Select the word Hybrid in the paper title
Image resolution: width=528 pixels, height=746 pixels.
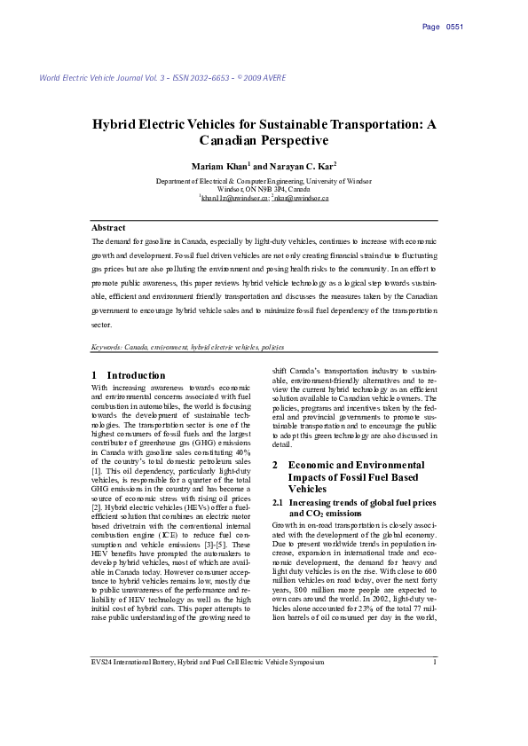(114, 124)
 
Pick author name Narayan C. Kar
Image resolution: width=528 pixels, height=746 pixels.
(297, 166)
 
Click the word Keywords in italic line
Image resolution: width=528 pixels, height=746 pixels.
(107, 347)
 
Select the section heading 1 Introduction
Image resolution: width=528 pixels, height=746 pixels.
(129, 375)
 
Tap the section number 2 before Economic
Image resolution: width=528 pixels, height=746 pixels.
(275, 465)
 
